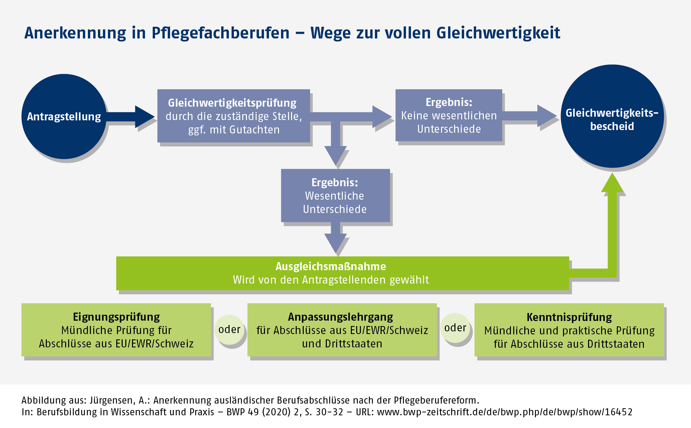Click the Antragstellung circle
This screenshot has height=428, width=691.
pyautogui.click(x=64, y=116)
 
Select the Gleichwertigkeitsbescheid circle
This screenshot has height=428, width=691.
pyautogui.click(x=612, y=116)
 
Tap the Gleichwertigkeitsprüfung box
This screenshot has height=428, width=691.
pyautogui.click(x=234, y=116)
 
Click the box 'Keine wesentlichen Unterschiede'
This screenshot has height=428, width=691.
pyautogui.click(x=449, y=115)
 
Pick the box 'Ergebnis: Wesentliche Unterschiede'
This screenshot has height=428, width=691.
pyautogui.click(x=335, y=196)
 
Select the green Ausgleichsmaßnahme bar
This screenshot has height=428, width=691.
pyautogui.click(x=342, y=273)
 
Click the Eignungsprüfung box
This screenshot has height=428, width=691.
pyautogui.click(x=116, y=330)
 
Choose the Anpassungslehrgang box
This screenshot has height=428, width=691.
pyautogui.click(x=342, y=330)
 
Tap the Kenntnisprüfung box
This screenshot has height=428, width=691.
pyautogui.click(x=569, y=330)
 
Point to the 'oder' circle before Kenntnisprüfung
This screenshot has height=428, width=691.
pyautogui.click(x=455, y=328)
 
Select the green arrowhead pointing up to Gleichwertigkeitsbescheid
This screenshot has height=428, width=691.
pyautogui.click(x=612, y=184)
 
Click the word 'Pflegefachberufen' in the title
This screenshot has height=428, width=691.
pyautogui.click(x=221, y=33)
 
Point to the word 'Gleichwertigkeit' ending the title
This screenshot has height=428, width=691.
pyautogui.click(x=498, y=33)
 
